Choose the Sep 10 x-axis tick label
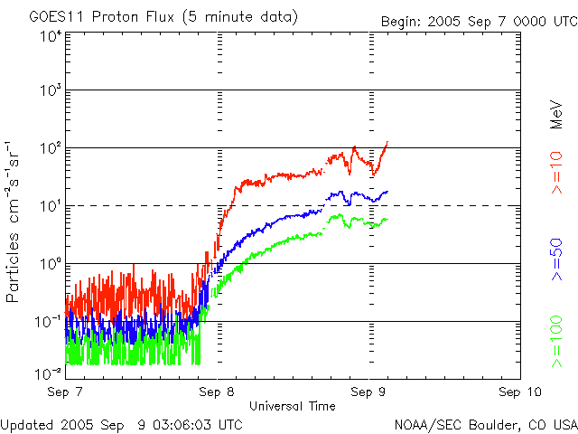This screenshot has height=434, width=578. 520,392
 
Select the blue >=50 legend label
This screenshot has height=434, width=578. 557,262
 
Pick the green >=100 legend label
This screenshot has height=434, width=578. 557,344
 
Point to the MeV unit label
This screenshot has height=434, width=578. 557,115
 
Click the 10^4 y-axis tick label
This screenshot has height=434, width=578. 51,36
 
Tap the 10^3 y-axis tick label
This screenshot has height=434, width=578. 51,91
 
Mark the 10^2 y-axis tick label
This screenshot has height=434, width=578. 51,148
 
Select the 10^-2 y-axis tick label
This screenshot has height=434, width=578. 51,373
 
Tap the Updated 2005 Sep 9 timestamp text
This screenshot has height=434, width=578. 122,423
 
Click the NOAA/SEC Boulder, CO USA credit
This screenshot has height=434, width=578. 485,423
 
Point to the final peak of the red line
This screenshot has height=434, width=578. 387,142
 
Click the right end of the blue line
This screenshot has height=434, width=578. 387,191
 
